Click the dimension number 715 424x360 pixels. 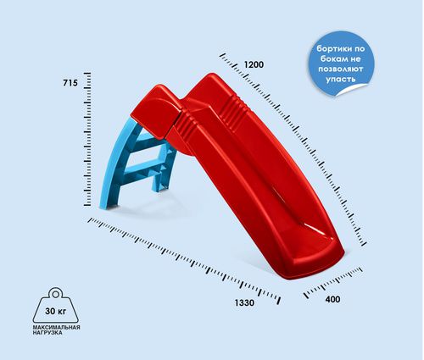click(70, 83)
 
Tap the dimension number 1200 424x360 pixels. click(254, 64)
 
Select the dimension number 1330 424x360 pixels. click(244, 303)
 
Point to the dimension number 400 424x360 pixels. click(332, 299)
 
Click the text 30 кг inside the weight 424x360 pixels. click(56, 311)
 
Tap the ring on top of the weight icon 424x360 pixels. click(56, 294)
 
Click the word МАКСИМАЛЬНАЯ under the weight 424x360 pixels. click(57, 327)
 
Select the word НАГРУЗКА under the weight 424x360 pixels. click(47, 333)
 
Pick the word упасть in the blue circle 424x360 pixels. click(340, 79)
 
